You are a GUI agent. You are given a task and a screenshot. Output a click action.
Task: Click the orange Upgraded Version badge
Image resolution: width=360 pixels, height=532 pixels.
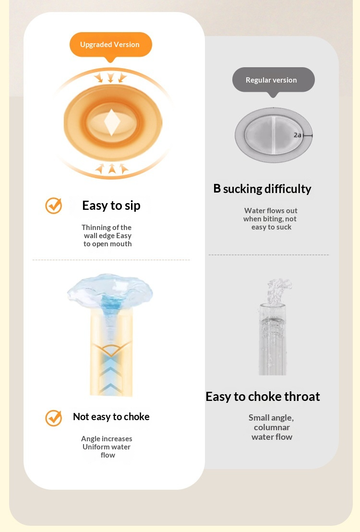(x=110, y=45)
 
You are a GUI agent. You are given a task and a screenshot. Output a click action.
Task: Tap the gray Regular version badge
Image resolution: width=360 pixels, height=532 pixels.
(x=274, y=80)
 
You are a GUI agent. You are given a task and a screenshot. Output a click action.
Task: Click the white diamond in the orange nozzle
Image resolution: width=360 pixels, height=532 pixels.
(x=112, y=122)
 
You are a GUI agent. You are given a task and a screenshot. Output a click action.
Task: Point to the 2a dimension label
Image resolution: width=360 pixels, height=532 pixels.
(x=297, y=135)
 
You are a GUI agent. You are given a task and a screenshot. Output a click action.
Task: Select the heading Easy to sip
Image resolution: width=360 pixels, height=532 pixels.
(x=111, y=206)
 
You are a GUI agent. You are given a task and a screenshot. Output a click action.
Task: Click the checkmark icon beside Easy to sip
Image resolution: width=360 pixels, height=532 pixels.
(x=54, y=206)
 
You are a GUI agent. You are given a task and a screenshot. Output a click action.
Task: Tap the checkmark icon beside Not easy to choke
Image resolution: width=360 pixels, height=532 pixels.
(x=54, y=418)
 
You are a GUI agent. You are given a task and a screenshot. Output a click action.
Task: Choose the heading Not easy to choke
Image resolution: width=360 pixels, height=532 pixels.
(x=111, y=417)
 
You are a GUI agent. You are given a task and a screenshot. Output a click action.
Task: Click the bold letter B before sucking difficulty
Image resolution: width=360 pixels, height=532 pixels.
(x=217, y=188)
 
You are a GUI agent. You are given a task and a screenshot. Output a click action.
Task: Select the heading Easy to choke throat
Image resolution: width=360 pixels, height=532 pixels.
(x=263, y=396)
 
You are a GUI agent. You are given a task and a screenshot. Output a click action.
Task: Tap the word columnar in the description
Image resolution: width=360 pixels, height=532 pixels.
(x=272, y=427)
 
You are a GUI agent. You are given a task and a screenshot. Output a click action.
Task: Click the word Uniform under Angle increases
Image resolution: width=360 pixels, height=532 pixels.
(x=93, y=447)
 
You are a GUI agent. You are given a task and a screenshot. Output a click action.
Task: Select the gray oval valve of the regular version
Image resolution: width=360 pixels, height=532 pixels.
(x=274, y=135)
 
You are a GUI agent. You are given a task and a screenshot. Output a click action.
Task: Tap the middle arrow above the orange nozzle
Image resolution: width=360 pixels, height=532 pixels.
(x=110, y=77)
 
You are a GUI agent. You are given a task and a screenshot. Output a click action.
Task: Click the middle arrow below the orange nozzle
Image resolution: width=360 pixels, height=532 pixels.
(x=112, y=168)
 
